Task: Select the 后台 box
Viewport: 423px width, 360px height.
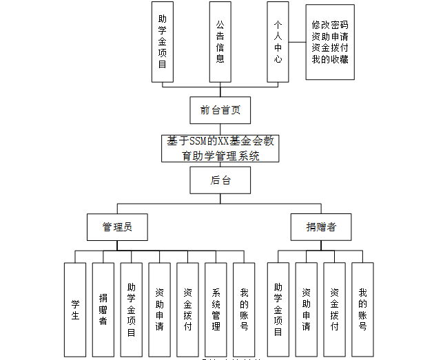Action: [x=220, y=180]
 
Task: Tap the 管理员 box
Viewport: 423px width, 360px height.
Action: [x=116, y=226]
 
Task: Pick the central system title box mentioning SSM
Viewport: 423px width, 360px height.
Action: [x=220, y=148]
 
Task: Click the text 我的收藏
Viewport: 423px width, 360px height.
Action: [x=330, y=59]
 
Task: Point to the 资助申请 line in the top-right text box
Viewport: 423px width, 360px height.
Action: [x=330, y=35]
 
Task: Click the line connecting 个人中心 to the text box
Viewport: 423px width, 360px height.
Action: [x=296, y=42]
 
